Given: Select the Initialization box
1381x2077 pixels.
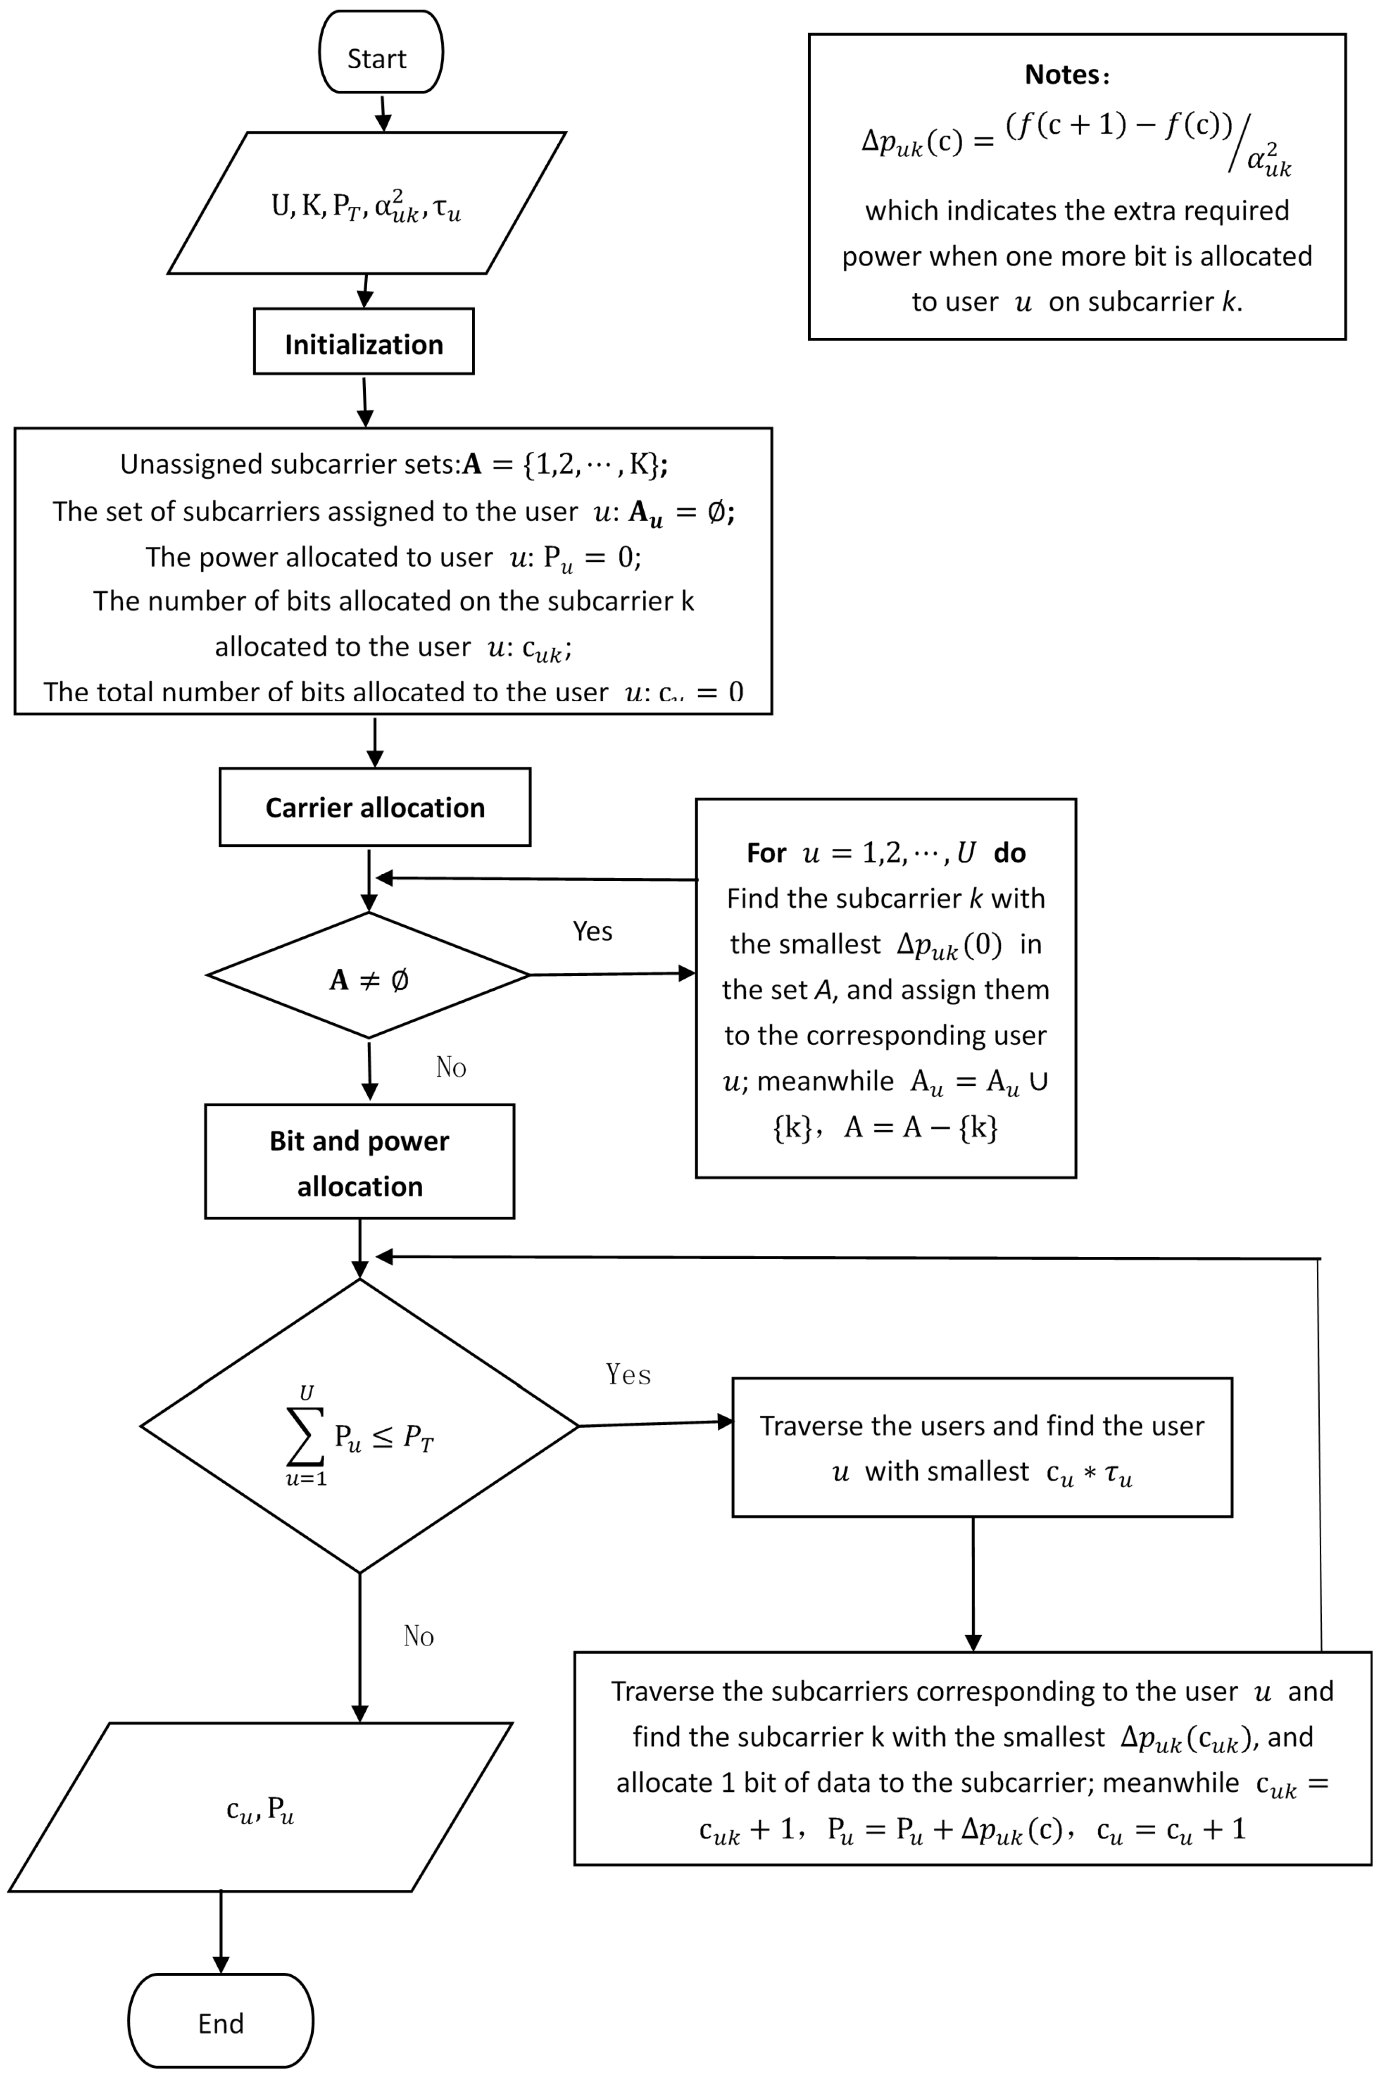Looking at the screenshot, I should point(364,342).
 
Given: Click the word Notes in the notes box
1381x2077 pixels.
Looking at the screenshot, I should point(1062,75).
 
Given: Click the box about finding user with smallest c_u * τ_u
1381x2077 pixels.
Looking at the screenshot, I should point(981,1447).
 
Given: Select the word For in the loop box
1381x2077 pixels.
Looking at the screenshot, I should point(765,853).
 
